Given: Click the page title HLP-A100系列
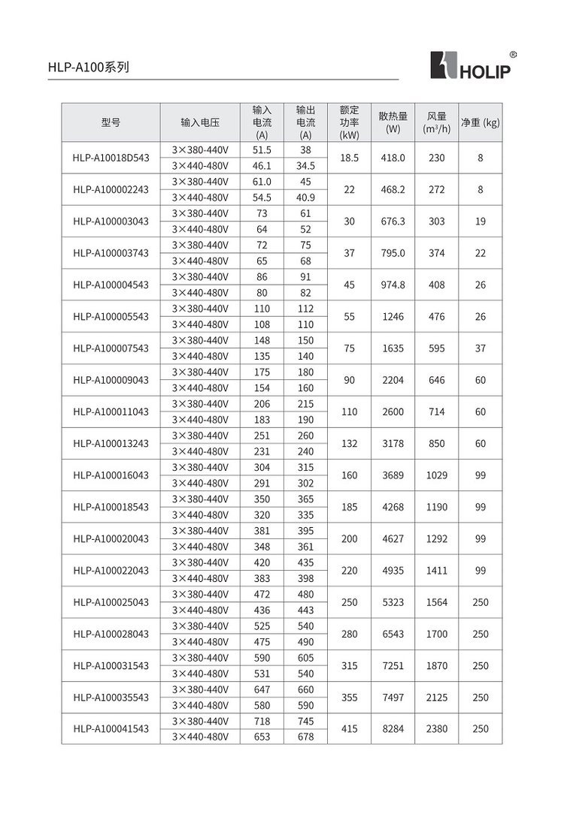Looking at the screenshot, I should point(89,67).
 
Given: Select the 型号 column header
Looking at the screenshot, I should point(111,122).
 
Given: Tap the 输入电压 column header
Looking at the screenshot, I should point(200,122).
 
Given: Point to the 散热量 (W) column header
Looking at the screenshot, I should point(393,122).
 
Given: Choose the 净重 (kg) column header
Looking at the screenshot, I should point(480,122).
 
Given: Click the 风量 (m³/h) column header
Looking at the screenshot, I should point(436,122).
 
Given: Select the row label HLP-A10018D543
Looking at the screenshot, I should point(111,158).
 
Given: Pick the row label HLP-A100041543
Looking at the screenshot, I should point(111,728).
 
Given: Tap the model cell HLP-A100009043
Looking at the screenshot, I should point(111,380).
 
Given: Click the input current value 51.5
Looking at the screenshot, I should point(262,150).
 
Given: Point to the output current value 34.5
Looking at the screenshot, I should point(305,166).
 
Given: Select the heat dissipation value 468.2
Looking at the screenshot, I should point(393,190).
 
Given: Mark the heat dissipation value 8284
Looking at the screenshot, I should point(393,728).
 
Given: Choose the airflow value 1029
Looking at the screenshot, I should point(436,475).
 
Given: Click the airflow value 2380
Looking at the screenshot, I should point(436,728).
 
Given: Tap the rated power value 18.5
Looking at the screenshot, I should point(349,158).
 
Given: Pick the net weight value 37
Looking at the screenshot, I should point(480,348).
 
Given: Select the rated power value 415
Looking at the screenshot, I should point(349,728).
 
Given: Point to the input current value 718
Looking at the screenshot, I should point(262,721).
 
